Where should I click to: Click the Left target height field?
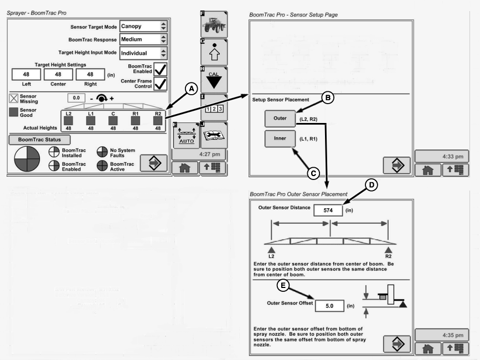(x=26, y=74)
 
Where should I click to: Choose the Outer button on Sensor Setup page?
(x=281, y=118)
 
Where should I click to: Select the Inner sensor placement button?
(x=281, y=139)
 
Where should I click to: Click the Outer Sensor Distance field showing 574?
(x=327, y=210)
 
